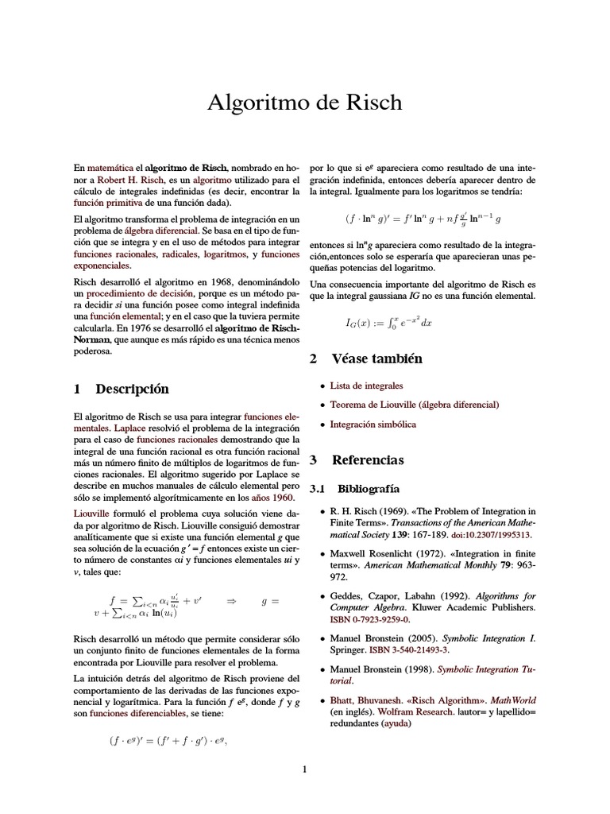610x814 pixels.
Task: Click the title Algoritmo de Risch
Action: point(304,103)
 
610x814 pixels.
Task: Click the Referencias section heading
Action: point(368,459)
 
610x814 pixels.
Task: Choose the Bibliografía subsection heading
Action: point(368,487)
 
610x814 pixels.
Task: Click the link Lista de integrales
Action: point(366,386)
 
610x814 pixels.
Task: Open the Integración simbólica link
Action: point(373,424)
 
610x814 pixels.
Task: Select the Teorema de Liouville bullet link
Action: point(414,405)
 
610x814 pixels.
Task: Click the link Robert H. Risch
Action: point(131,180)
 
